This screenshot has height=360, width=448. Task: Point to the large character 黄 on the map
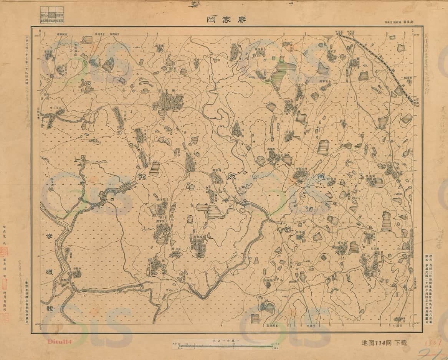[319, 176]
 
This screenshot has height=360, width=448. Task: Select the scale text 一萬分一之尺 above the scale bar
[226, 341]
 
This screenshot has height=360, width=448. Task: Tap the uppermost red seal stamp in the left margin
[5, 252]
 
